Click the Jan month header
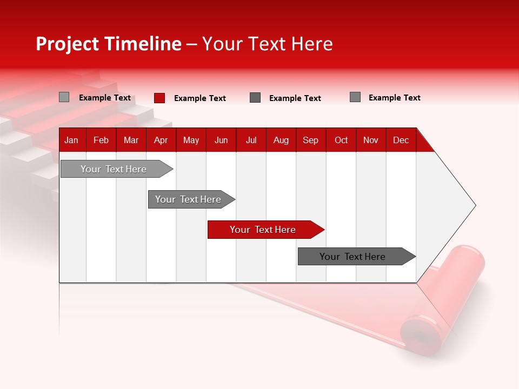[71, 140]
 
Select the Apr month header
[161, 140]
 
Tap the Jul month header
[251, 140]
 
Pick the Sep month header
[310, 140]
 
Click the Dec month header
[401, 140]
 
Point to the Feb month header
[101, 140]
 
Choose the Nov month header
[370, 140]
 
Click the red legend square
[159, 98]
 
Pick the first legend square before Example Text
[64, 97]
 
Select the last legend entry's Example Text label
[394, 98]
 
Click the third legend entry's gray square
[255, 98]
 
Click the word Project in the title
[68, 44]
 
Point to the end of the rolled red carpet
[420, 337]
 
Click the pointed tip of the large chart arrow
[474, 205]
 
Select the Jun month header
[221, 140]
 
